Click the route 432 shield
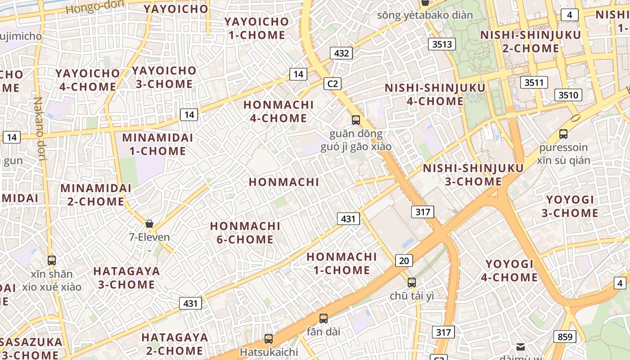(x=342, y=53)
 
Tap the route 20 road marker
(x=404, y=260)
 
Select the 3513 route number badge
(x=441, y=44)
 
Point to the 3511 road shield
(x=534, y=82)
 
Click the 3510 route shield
(x=568, y=95)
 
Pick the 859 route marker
(x=565, y=337)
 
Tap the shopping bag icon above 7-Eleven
(x=149, y=223)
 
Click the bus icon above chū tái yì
(x=412, y=282)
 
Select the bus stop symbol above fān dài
(x=323, y=318)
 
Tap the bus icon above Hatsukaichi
(x=269, y=338)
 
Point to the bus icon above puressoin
(x=563, y=134)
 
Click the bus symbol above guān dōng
(x=356, y=120)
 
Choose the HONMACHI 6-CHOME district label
(x=245, y=233)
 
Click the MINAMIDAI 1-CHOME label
(x=157, y=144)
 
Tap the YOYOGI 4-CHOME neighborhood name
(x=509, y=270)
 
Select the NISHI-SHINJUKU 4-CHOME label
(x=435, y=94)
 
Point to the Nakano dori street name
(x=40, y=129)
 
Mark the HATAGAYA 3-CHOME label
(x=126, y=278)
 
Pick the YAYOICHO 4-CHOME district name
(x=88, y=80)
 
